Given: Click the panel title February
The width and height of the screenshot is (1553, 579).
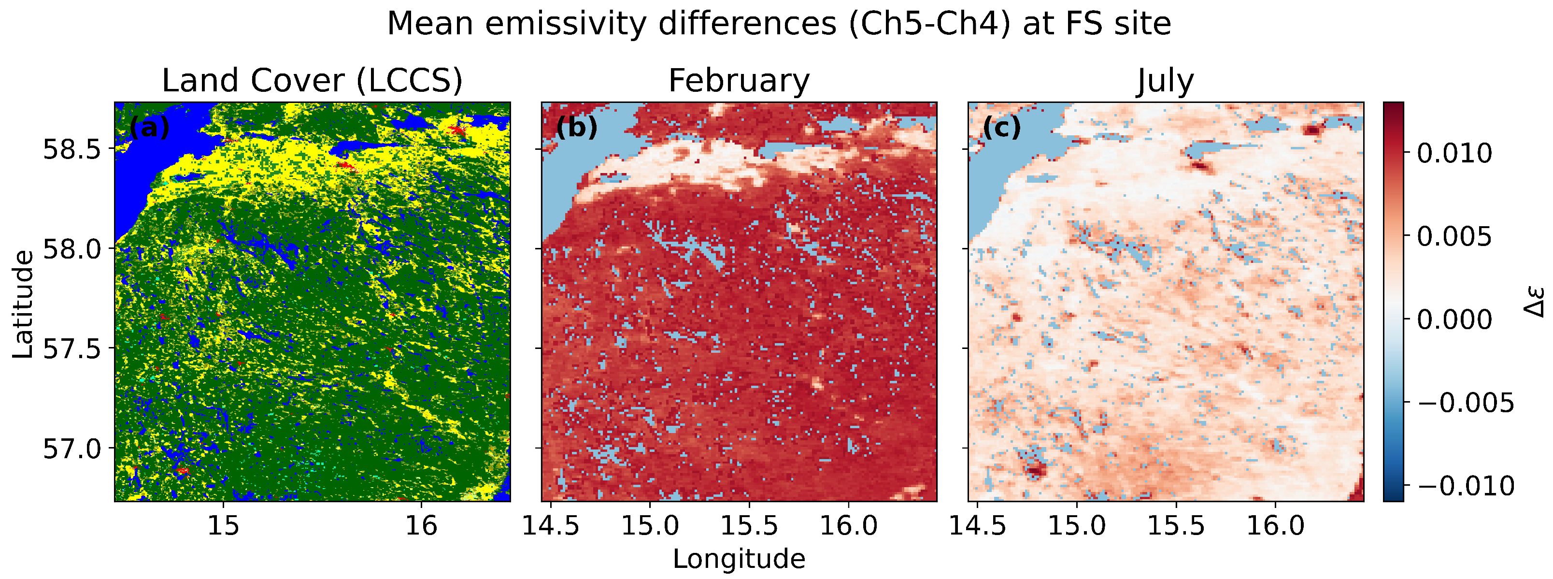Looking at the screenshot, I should (x=739, y=81).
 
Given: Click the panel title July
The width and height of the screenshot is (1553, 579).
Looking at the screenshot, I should (x=1165, y=81).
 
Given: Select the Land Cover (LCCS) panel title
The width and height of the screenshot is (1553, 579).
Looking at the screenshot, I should (x=312, y=81).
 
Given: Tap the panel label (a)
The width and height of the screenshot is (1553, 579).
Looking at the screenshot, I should (x=150, y=128).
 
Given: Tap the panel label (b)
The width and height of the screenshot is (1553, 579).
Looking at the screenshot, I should (x=576, y=128).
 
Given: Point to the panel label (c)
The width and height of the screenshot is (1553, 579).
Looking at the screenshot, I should (x=1001, y=128).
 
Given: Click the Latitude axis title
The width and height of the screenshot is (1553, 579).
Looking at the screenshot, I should (x=23, y=304).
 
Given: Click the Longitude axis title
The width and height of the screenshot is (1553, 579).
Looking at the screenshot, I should (x=739, y=559).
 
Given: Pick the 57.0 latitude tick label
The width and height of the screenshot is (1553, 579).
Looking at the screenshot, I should (x=71, y=449).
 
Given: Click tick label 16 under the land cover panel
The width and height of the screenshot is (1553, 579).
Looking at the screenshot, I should (x=420, y=526).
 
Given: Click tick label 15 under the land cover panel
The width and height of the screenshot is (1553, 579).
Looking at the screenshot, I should (x=224, y=526).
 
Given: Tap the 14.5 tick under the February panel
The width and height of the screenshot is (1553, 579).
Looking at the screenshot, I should (x=550, y=526).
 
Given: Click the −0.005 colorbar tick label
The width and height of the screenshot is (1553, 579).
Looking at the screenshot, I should (x=1465, y=403).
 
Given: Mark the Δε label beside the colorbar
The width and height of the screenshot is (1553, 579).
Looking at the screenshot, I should (x=1536, y=302).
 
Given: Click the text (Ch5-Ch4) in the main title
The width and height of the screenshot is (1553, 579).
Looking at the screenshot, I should (x=928, y=24).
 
